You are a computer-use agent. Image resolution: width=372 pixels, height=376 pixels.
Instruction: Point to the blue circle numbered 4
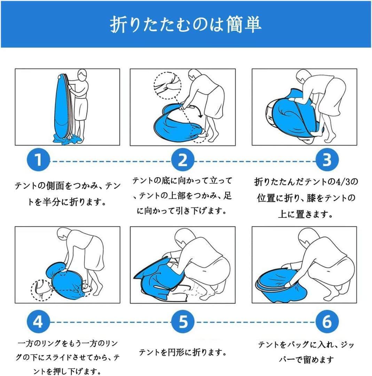coord(38,321)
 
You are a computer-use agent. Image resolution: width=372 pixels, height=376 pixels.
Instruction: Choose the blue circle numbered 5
coord(183,321)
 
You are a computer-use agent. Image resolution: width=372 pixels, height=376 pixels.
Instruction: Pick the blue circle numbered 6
coord(327,321)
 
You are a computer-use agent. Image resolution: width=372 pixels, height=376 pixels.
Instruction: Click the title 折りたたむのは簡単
coord(185,24)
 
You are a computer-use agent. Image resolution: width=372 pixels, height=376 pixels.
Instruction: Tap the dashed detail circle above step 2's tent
coord(167,86)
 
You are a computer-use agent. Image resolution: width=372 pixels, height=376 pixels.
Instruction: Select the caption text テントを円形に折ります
coord(183,352)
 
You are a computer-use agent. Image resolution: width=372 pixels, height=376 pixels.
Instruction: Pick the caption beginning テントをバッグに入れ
coord(306,352)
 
